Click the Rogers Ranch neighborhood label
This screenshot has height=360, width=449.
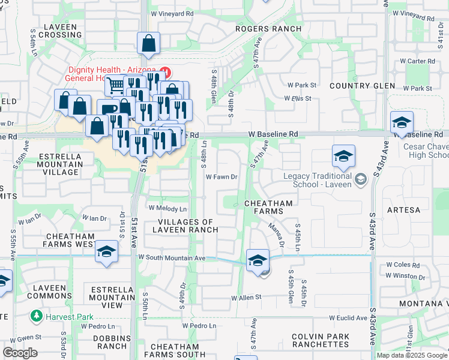(x=263, y=28)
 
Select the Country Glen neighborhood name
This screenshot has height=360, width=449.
(x=357, y=86)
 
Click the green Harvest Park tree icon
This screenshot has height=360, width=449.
(x=37, y=315)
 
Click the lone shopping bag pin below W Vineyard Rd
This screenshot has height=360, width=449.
(x=148, y=44)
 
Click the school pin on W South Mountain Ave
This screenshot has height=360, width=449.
(x=258, y=260)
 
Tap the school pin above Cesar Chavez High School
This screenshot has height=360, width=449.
(x=402, y=122)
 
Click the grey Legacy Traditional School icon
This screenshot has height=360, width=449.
(x=360, y=178)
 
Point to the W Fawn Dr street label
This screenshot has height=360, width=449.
(x=222, y=177)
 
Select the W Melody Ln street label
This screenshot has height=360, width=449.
(x=171, y=209)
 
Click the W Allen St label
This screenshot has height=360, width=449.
(x=248, y=296)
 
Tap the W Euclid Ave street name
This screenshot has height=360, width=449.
(x=348, y=318)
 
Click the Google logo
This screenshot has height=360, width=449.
(x=20, y=353)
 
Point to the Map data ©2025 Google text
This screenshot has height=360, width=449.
(x=412, y=355)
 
